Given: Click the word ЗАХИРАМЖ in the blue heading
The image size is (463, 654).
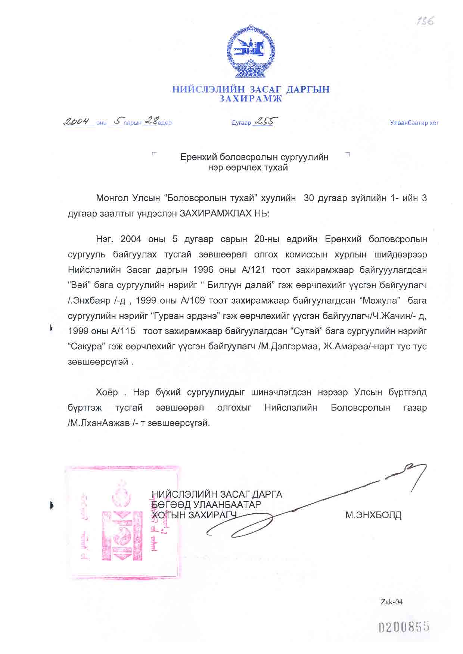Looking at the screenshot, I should point(251,99).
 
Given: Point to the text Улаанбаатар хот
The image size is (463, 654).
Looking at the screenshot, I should point(414,123).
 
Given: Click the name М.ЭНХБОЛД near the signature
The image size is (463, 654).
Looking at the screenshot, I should point(373,515).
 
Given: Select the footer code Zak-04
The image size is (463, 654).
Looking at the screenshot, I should point(392,601).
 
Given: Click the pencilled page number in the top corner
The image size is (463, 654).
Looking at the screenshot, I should point(425,21).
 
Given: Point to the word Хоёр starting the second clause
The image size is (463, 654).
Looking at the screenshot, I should point(107,392).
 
